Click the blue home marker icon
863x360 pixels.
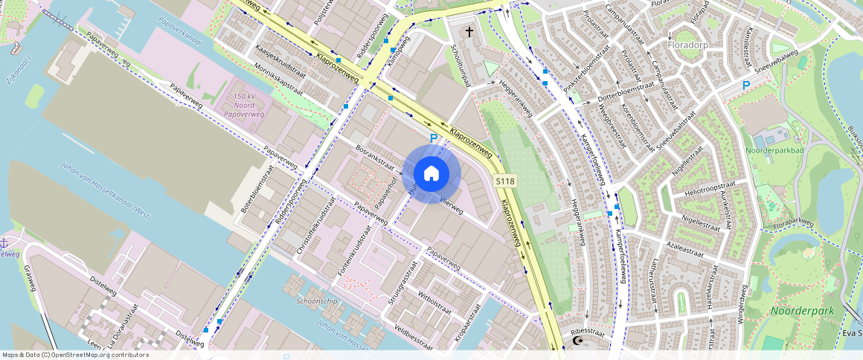coord(431,174)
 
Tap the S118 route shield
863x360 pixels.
coord(505,181)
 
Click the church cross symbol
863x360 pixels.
coord(469,32)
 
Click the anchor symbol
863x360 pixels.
coord(4,243)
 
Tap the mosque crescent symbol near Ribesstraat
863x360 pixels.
coord(577,341)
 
